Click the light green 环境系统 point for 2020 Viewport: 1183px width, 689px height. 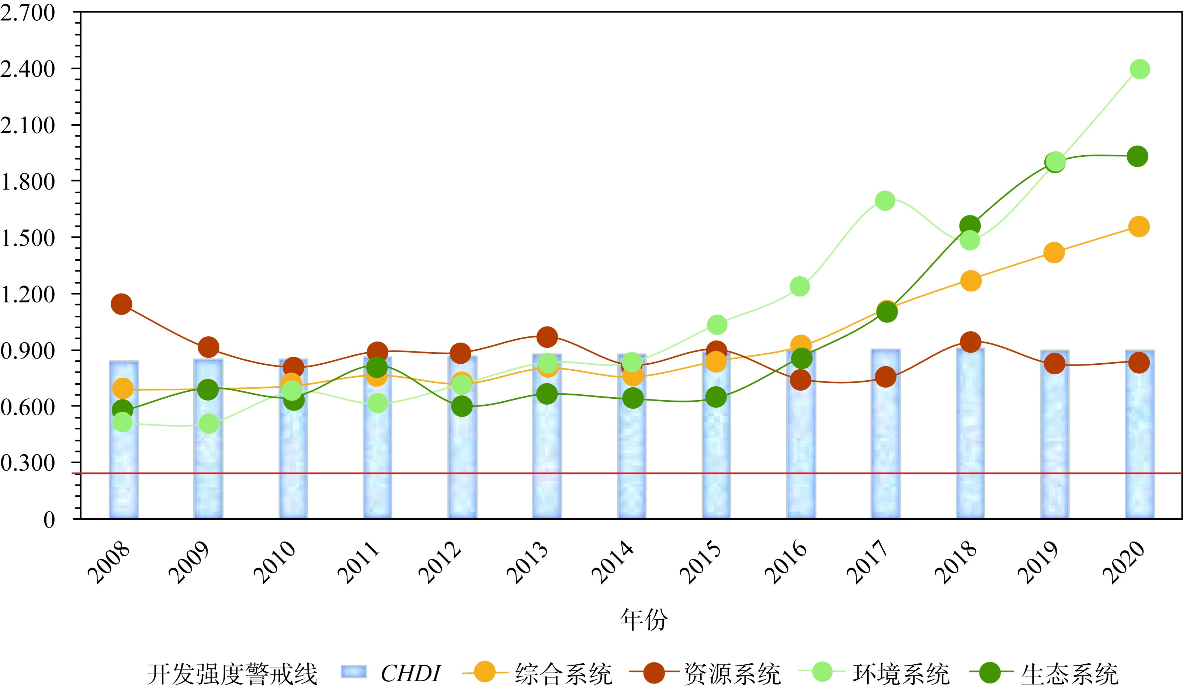tap(1139, 69)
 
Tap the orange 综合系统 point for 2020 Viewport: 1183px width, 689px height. tap(1138, 227)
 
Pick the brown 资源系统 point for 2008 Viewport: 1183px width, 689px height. tap(121, 304)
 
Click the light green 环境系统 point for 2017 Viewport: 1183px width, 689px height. tap(885, 201)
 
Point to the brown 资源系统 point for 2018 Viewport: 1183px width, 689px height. tap(970, 342)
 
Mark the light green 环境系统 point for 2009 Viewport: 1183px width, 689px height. tap(208, 424)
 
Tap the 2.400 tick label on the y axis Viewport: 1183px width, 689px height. tap(27, 69)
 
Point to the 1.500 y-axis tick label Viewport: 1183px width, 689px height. tap(27, 238)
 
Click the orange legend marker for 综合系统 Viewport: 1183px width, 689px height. tap(485, 672)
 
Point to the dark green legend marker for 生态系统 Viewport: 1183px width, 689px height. tap(991, 672)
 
